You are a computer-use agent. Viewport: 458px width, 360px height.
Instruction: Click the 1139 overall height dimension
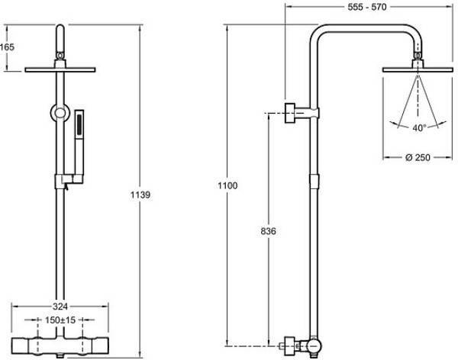140,194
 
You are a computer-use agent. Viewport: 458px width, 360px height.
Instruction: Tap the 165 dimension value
7,47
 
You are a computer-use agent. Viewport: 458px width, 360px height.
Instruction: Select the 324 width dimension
60,307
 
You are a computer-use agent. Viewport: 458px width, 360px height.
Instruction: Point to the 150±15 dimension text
60,320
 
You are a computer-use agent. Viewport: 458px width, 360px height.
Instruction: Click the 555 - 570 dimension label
367,7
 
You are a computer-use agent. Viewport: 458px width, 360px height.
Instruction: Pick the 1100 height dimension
227,185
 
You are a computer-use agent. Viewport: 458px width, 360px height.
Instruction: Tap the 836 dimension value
268,231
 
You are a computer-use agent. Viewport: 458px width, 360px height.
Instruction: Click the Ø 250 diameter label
418,157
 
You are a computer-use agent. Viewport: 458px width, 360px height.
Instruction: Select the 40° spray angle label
419,127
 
